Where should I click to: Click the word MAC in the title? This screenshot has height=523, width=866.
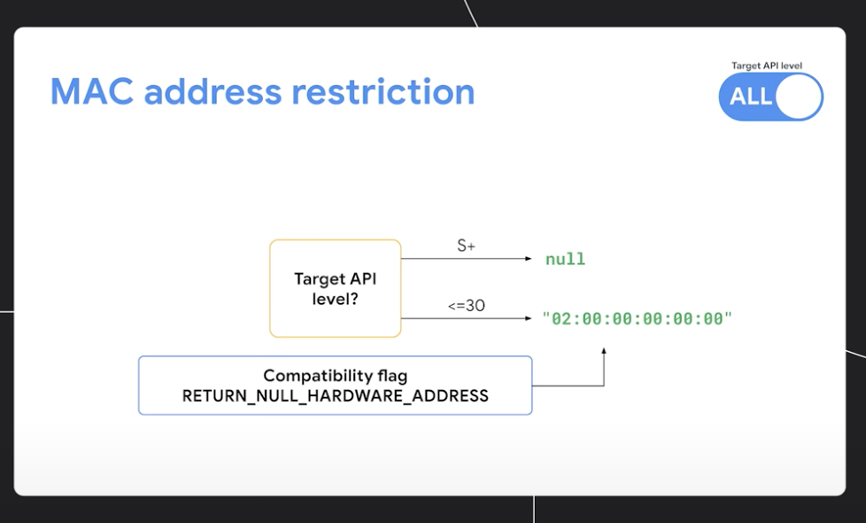tap(92, 91)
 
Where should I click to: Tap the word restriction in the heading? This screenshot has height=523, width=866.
tap(383, 91)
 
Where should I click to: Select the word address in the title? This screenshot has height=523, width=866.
tap(213, 91)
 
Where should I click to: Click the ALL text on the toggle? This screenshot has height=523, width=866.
tap(751, 97)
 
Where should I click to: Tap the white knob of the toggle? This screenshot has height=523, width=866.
tap(798, 97)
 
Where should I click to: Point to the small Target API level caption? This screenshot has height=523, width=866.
tap(767, 66)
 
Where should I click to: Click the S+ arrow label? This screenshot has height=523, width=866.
tap(466, 246)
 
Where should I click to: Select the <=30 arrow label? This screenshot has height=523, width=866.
tap(467, 306)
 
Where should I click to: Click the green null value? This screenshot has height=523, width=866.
tap(565, 259)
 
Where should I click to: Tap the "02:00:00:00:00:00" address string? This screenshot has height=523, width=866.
tap(638, 319)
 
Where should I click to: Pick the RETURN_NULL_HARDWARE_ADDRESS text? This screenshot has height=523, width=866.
tap(336, 396)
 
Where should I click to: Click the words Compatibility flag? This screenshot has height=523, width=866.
tap(336, 376)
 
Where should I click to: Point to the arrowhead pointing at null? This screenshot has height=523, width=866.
tap(529, 259)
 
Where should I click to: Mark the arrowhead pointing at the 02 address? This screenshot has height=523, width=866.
tap(529, 318)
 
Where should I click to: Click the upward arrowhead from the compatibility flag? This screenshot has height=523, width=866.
tap(604, 351)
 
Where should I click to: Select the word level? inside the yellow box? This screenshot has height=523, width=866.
tap(336, 299)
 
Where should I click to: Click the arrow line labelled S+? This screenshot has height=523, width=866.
tap(466, 259)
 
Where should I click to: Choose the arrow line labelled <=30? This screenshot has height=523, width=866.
tap(466, 318)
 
